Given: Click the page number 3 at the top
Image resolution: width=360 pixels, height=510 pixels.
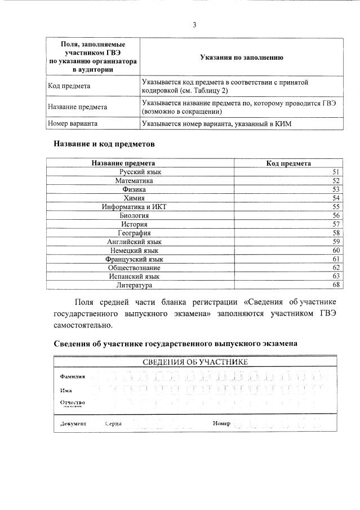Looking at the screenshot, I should tap(194, 25).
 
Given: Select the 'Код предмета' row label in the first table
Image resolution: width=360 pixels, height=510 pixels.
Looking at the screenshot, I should tap(69, 86).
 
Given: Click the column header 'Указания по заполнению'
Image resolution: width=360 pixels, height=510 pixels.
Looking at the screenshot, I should tap(241, 57).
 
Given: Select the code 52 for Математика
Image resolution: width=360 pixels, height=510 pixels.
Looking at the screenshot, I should tap(336, 181).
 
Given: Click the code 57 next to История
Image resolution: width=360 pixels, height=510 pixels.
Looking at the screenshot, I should tap(336, 224).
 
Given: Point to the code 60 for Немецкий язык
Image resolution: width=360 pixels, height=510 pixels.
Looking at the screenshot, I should tap(336, 250).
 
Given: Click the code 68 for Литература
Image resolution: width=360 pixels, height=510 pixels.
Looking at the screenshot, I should tap(336, 285).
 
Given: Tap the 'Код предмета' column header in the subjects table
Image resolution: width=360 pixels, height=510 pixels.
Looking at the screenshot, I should tap(288, 163).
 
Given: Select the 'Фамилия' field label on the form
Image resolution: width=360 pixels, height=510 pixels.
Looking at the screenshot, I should tap(73, 376).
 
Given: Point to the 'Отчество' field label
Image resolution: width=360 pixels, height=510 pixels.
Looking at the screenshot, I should tap(72, 402).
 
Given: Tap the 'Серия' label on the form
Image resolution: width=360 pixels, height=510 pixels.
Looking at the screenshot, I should tap(113, 423).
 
